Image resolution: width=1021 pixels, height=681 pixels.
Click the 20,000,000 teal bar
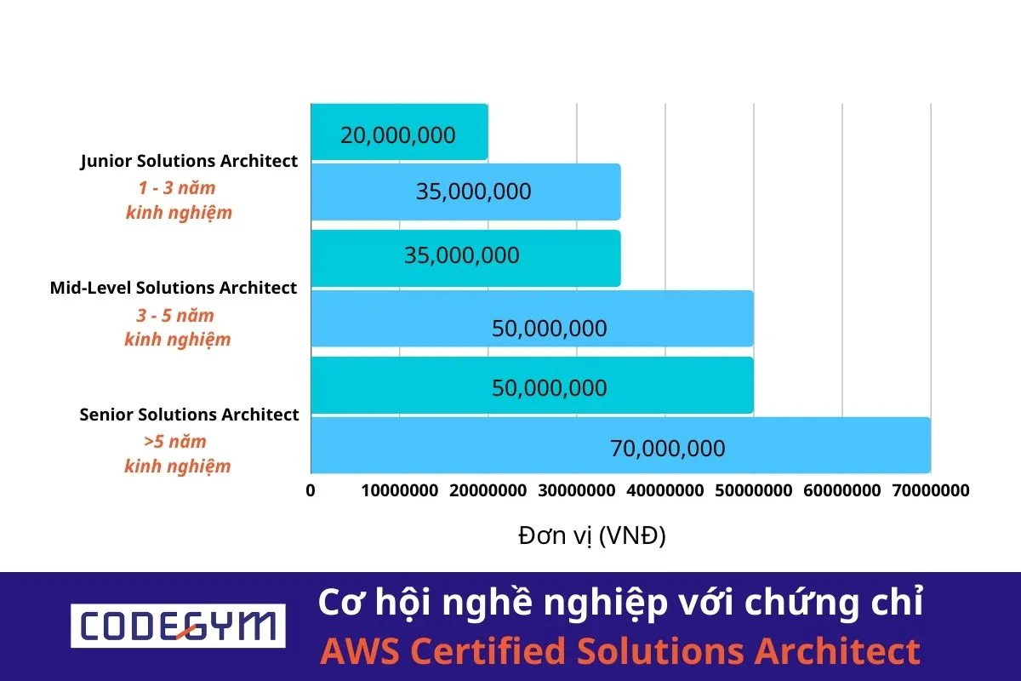coord(398,133)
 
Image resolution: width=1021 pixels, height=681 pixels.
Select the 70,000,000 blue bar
coord(619,445)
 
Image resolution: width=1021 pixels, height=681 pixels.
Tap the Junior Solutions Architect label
coord(190,161)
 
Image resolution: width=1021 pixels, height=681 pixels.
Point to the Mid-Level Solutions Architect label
coord(174,288)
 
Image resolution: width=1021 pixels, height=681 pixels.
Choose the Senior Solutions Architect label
coord(189,415)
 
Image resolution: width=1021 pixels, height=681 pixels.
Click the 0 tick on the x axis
coord(311,490)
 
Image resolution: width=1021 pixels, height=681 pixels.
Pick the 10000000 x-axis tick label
coord(399,490)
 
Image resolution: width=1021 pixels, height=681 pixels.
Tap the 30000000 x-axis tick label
coord(576,490)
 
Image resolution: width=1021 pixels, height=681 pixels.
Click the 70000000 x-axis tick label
coord(929,490)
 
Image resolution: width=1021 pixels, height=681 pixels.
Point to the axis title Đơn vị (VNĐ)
coord(592,536)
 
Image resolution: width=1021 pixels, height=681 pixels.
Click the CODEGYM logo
coord(178,627)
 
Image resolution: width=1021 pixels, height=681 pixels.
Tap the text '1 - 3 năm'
coord(177,188)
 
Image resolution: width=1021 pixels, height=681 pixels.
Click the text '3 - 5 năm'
coord(176,315)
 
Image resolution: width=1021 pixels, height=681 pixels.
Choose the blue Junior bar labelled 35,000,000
coord(465,192)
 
